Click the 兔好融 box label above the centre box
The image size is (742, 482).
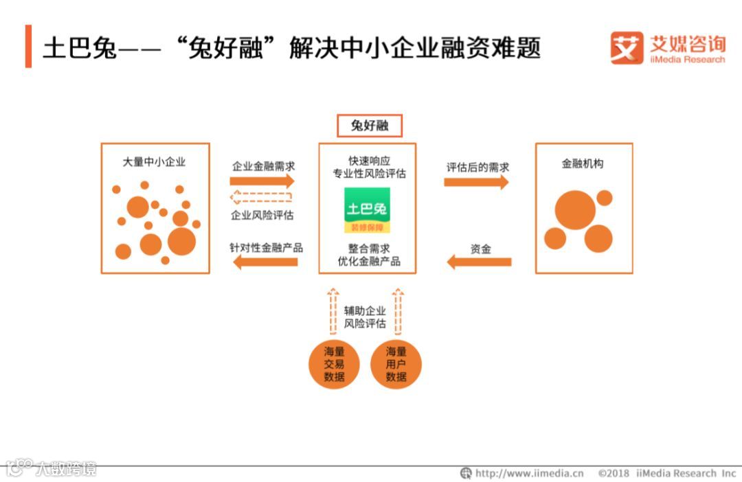coord(369,126)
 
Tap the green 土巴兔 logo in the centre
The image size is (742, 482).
coord(367,209)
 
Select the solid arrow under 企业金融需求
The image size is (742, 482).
coord(262,181)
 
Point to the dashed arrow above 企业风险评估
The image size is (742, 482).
coord(262,198)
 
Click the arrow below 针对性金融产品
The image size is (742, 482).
coord(265,262)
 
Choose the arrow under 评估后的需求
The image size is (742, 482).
coord(477,182)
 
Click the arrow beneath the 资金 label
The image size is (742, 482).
coord(479,262)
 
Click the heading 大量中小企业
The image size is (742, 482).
coord(154,163)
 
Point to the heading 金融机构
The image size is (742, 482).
coord(583,164)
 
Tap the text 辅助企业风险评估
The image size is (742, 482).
coord(365,317)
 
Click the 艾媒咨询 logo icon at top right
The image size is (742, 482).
coord(627,47)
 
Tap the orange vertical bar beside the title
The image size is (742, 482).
coord(28,47)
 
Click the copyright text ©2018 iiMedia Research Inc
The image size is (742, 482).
coord(666,473)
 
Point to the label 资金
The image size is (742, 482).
coord(481,249)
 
